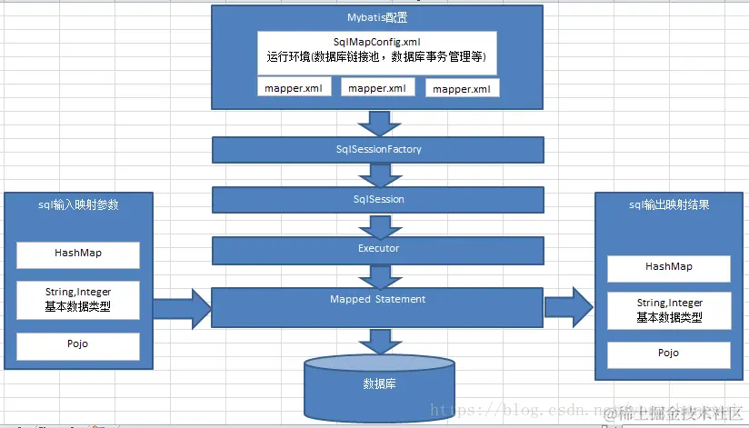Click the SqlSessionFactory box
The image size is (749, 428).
pos(378,150)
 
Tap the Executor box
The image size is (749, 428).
pos(378,249)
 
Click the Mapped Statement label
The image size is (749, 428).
pos(378,299)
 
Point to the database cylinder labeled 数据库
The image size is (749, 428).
pos(379,386)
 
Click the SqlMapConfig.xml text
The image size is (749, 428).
pos(377,43)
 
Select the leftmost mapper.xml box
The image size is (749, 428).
pos(293,88)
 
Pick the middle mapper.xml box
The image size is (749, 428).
pos(378,88)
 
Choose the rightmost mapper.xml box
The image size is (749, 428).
pos(462,88)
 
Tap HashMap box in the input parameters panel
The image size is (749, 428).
pos(78,255)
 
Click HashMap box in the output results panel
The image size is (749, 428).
pos(669,268)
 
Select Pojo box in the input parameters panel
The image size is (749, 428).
pos(78,346)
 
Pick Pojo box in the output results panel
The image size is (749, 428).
pos(669,353)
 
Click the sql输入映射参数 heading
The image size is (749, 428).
pos(79,205)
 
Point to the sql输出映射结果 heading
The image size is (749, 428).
pos(669,205)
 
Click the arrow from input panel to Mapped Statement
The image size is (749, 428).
pos(182,306)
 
